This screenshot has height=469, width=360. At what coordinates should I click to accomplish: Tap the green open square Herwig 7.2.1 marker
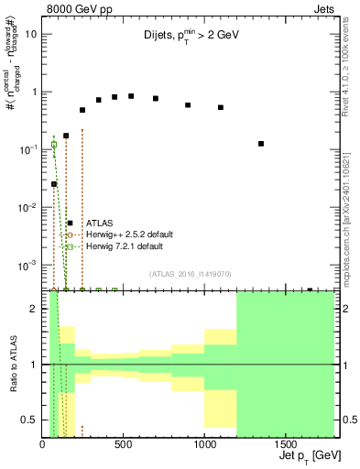[54, 145]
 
